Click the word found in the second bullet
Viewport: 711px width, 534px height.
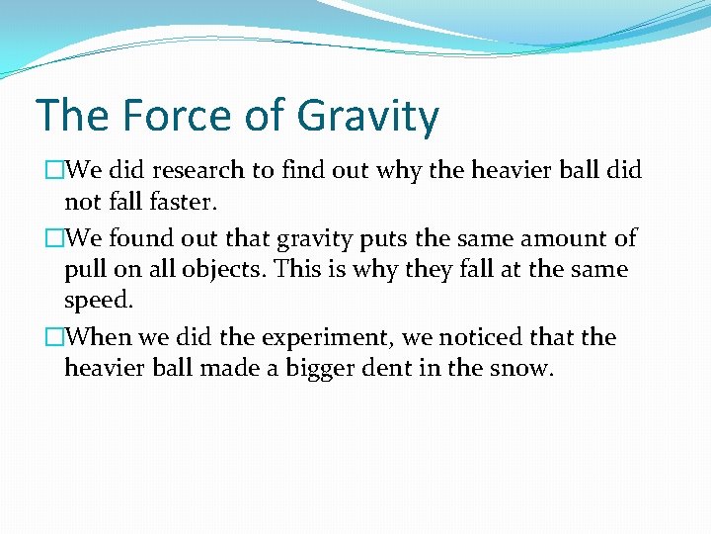click(x=140, y=238)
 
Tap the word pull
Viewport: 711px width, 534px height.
click(x=85, y=270)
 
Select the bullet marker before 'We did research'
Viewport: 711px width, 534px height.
click(x=53, y=170)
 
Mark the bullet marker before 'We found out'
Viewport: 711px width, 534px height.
click(x=53, y=238)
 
